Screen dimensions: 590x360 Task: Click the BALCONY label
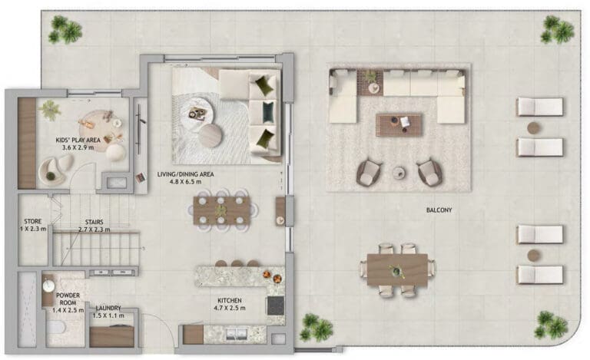coord(439,210)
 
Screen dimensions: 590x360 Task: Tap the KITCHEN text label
coord(230,301)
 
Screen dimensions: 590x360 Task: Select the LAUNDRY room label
coord(108,308)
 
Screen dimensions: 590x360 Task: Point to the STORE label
coord(33,221)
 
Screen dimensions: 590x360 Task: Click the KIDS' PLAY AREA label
coord(78,140)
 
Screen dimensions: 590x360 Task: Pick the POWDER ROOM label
coord(68,299)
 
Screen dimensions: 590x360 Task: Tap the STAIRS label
coord(94,222)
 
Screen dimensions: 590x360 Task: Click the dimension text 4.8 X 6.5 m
coord(185,182)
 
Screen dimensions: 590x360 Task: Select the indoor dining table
coord(221,210)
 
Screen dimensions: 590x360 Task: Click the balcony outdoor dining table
coord(397,270)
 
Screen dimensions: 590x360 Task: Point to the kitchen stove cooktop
coord(276,306)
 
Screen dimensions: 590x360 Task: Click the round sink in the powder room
coord(49,286)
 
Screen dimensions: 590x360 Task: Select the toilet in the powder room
coord(57,327)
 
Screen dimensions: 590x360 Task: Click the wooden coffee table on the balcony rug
coord(399,125)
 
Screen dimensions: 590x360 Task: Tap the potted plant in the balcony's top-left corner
coord(65,29)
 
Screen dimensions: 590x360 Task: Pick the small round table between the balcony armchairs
coord(399,173)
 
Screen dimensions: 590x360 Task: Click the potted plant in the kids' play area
coord(50,110)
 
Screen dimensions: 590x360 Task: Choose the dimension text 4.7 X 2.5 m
coord(230,308)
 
